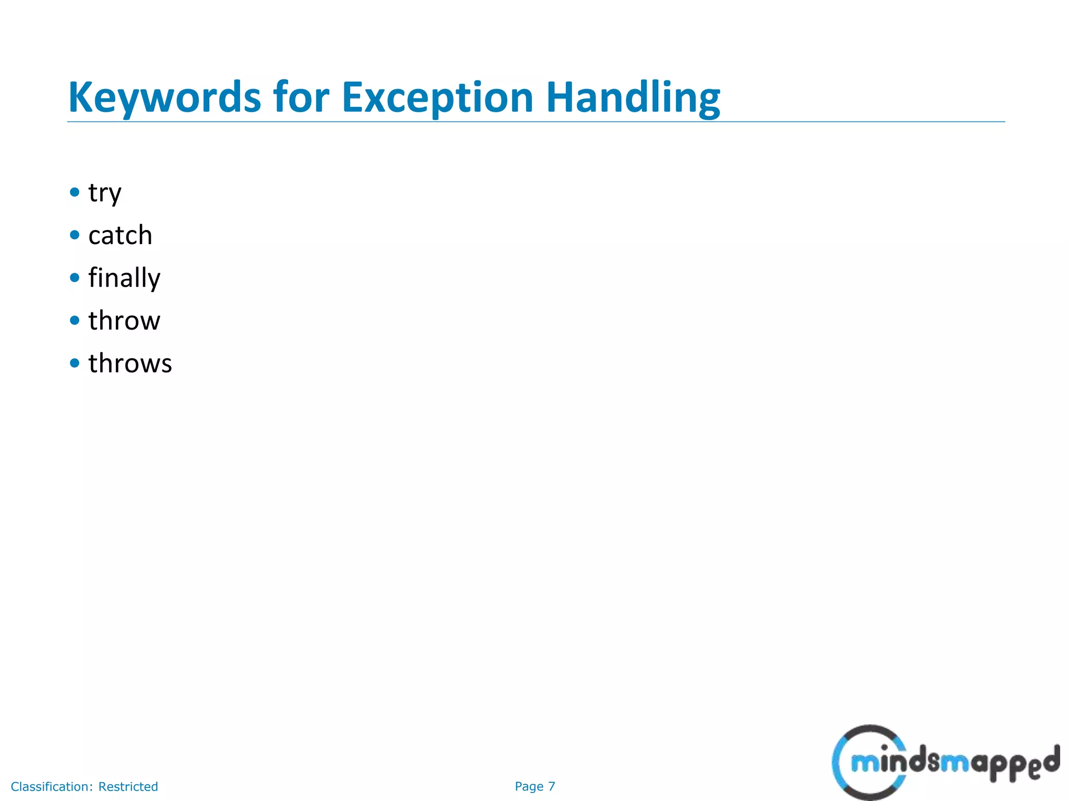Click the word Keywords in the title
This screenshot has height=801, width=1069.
coord(164,98)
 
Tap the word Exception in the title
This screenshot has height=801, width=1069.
coord(437,98)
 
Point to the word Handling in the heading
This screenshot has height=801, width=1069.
coord(633,98)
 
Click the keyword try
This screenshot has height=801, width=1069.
coord(105,193)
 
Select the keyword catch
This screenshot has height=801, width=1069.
coord(120,235)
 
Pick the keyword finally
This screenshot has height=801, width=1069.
coord(124,278)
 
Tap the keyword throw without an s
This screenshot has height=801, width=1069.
coord(124,321)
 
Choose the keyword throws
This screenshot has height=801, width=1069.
coord(130,363)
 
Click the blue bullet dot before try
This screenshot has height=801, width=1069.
coord(75,192)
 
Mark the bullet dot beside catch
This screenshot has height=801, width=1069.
coord(75,235)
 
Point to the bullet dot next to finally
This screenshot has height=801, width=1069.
coord(75,277)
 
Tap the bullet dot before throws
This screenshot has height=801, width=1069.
coord(75,362)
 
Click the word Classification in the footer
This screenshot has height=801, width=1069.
coord(52,786)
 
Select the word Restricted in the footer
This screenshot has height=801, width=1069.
coord(128,786)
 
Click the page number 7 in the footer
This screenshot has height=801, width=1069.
coord(552,786)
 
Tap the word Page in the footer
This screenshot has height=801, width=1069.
coord(529,786)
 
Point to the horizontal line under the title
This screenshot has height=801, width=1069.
coord(536,122)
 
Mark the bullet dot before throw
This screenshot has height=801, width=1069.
coord(75,320)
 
